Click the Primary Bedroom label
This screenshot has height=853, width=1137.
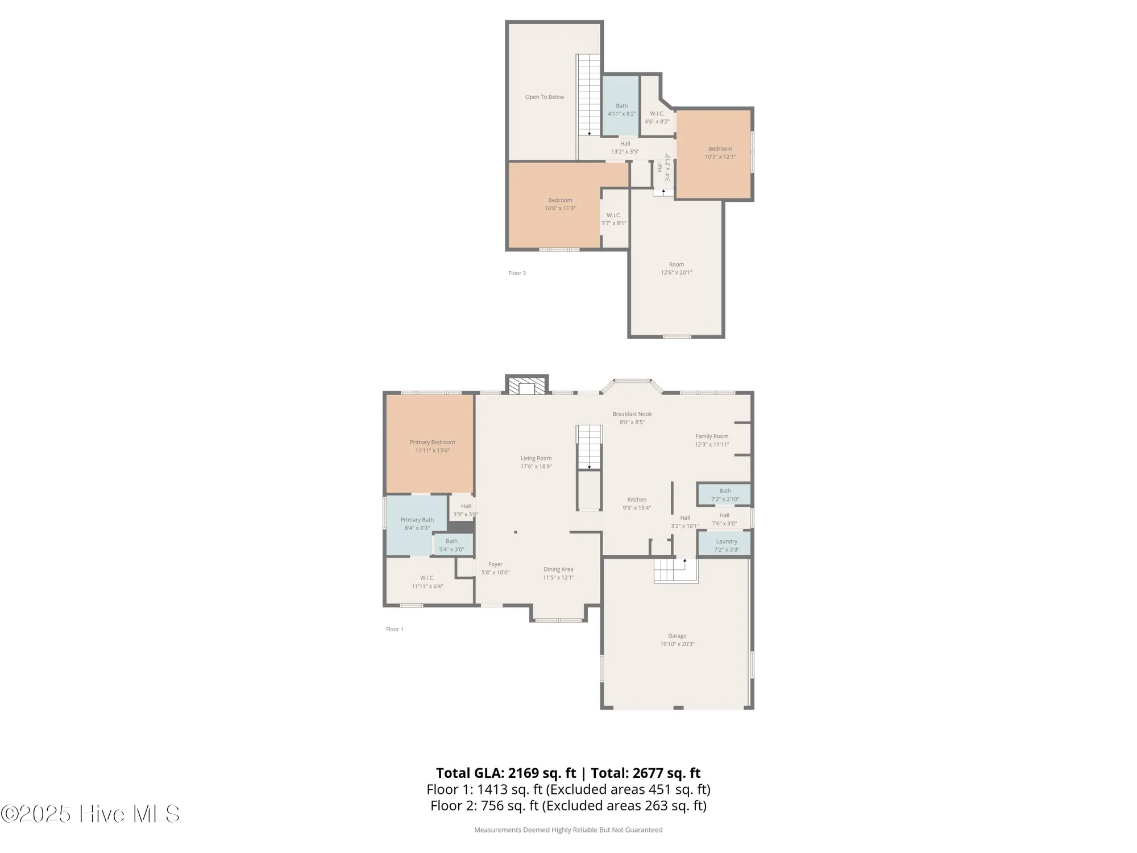432,442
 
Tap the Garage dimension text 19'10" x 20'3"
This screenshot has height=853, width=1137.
677,644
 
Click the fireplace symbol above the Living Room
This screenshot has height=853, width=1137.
527,387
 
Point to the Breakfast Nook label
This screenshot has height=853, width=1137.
632,414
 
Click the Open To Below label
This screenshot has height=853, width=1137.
544,97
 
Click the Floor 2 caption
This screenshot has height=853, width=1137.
517,274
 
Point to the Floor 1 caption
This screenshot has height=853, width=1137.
395,630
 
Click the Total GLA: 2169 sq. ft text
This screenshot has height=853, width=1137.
506,773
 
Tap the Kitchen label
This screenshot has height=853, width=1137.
637,499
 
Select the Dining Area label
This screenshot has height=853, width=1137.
558,569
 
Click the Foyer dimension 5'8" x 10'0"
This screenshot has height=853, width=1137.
495,573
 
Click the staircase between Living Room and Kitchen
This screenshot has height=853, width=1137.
590,447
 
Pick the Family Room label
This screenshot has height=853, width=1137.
712,436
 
